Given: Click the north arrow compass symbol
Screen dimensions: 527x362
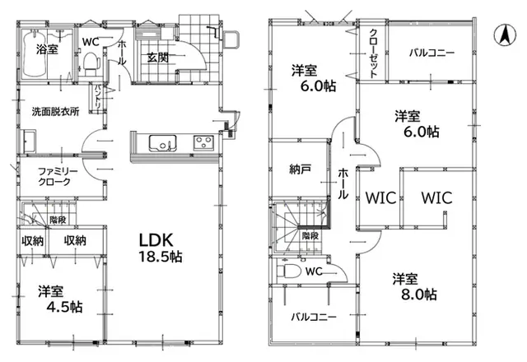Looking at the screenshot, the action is pos(505,35).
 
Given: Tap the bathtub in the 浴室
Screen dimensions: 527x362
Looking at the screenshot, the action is pos(34,53).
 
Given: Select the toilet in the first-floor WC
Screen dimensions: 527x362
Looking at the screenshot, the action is pos(91,63).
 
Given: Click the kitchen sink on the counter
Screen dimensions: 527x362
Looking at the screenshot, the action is pos(163,142).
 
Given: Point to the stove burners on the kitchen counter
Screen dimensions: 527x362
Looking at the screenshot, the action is pos(203,142).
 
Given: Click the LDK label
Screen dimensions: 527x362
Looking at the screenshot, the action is pos(156,240).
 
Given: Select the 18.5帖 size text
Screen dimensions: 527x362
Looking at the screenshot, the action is pos(161,257).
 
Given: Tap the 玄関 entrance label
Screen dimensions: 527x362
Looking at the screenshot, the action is pos(157,58).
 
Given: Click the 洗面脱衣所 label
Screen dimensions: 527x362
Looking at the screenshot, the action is pos(55,112).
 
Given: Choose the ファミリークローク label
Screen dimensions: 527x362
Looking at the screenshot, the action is pos(58,177).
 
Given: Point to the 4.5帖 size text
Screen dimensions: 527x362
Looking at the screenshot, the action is pos(64,307).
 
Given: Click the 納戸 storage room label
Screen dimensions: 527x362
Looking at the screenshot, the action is pos(300,169).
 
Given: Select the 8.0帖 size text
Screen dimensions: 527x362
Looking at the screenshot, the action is pos(419,295).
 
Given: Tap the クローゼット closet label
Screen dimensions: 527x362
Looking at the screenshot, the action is pos(373,53).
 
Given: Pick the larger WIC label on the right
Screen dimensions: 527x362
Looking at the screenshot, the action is pos(436,197).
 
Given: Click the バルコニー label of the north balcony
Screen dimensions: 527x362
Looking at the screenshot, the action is pos(431,53).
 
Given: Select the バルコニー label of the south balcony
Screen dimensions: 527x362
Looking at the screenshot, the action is pos(314,317).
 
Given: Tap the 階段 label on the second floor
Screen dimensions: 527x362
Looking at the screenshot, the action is pos(310,235).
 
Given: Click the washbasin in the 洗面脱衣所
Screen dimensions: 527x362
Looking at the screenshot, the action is pos(29,141).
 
